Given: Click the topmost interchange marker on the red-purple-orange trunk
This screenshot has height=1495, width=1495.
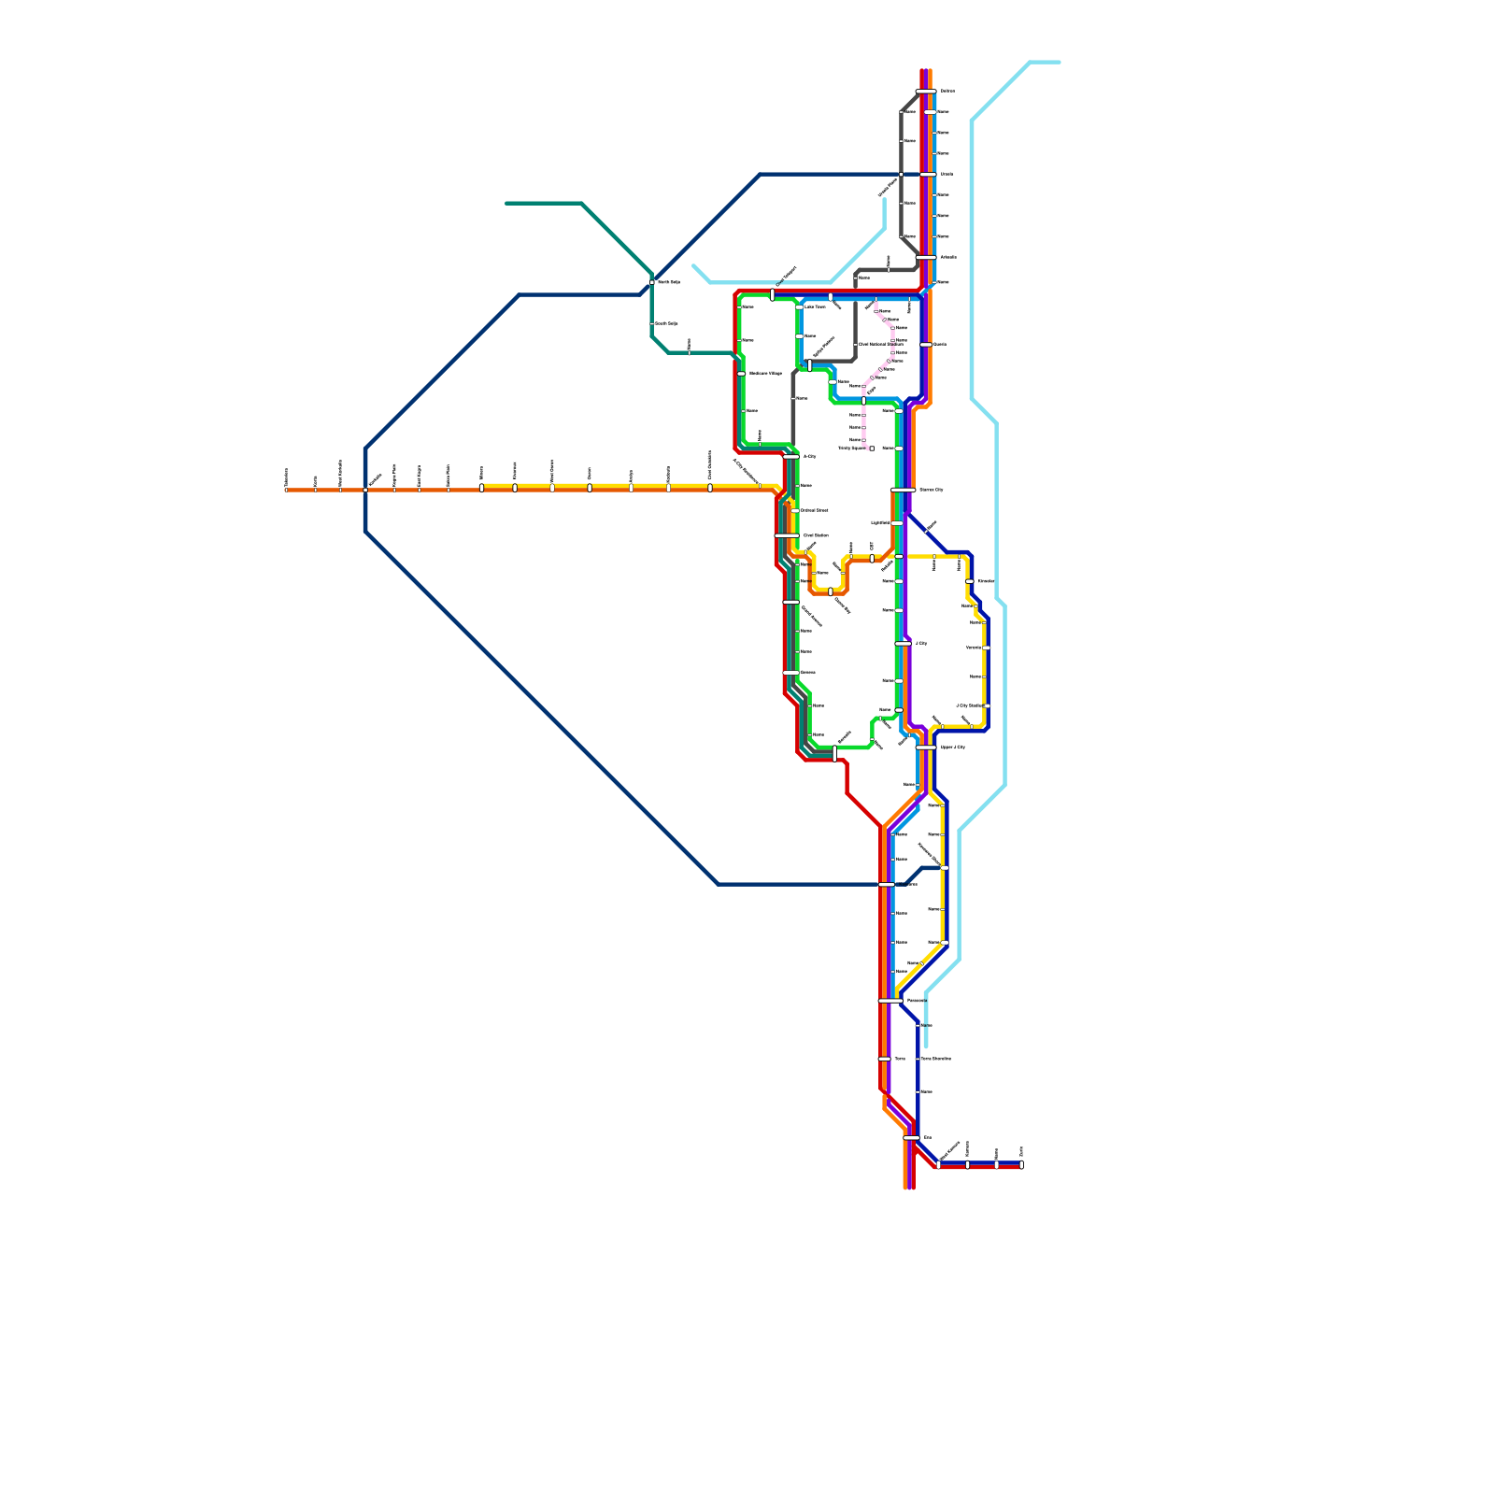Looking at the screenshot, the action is point(925,91).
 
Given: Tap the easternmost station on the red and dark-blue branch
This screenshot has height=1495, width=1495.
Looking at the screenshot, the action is point(1021,1164).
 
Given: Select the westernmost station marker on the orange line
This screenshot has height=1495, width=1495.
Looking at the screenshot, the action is point(286,489).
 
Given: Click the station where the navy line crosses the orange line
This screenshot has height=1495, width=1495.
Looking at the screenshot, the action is point(365,489).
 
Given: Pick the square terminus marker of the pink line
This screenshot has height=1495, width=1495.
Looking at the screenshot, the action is point(872,448).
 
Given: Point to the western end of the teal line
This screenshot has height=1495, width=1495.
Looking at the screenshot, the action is point(506,203).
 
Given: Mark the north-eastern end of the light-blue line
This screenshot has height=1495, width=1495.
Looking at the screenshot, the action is point(1059,63).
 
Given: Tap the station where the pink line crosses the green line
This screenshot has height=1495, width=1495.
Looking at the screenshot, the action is point(863,401).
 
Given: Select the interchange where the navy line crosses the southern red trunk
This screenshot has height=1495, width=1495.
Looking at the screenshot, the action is point(887,884).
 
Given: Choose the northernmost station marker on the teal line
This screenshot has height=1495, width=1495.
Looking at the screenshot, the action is point(652,282).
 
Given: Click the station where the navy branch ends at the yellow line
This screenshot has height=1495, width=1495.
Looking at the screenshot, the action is point(944,868).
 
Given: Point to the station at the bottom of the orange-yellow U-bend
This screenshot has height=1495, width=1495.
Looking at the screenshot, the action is point(830,591).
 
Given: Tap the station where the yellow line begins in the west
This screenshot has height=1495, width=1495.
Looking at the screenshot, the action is point(481,488).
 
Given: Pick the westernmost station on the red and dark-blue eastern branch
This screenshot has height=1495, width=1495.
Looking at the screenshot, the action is point(939,1164).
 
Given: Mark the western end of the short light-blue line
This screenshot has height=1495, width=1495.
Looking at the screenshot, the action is point(693,265).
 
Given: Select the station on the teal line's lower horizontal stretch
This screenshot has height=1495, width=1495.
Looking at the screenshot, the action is point(689,353).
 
